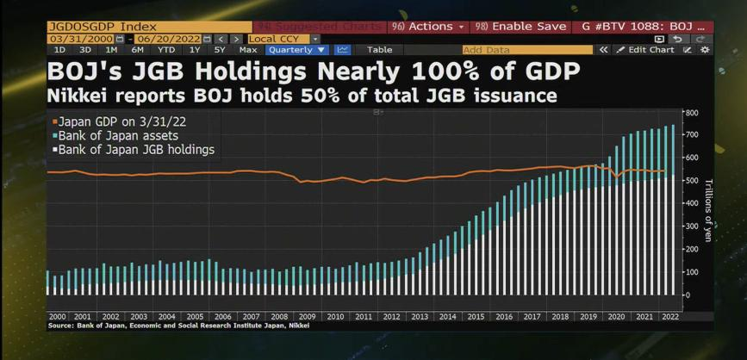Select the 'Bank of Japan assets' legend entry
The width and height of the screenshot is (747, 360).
(118, 136)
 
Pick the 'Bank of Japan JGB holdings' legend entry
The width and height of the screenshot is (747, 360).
(136, 150)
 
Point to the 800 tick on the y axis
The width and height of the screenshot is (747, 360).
(690, 113)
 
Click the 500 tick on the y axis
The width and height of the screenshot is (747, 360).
(690, 181)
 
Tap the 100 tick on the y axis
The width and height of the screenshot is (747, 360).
(690, 272)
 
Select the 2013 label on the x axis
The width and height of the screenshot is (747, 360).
(420, 317)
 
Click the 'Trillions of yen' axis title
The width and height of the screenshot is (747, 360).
(708, 209)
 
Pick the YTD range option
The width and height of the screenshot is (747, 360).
(165, 50)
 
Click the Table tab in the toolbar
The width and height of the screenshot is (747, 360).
(379, 50)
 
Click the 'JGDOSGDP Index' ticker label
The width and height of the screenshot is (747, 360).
(97, 27)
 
